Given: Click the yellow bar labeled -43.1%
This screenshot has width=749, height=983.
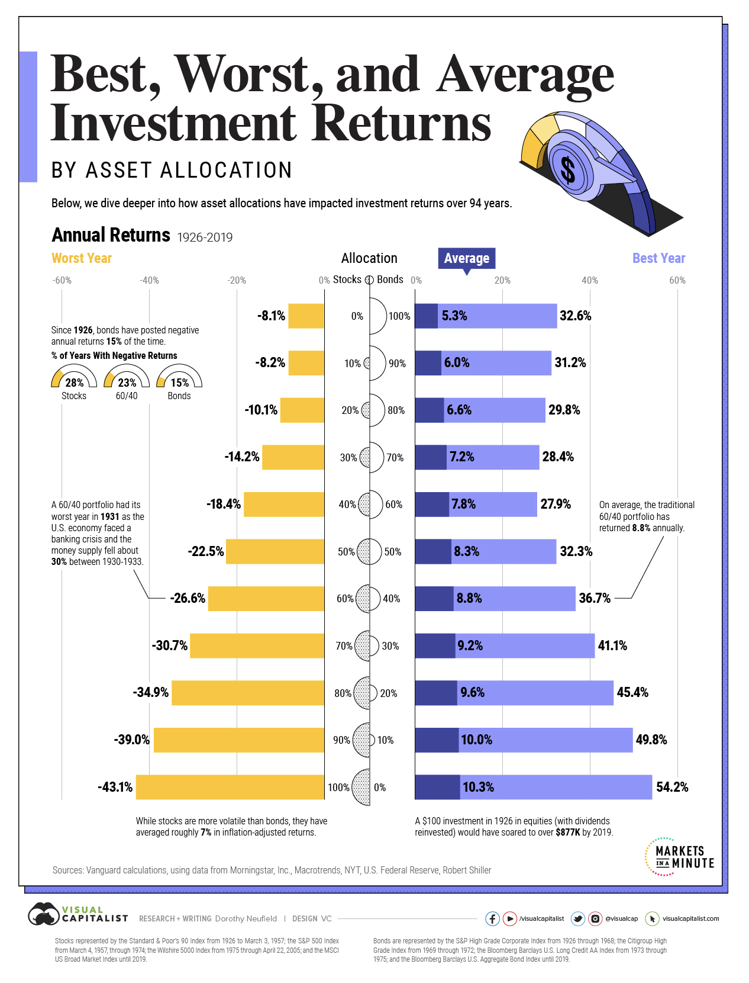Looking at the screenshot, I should point(230,787).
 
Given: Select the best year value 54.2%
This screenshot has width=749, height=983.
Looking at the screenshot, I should point(672,787).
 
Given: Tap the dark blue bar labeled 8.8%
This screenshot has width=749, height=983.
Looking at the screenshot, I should point(434,598).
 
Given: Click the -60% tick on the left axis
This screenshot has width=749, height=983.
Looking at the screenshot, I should point(62,280).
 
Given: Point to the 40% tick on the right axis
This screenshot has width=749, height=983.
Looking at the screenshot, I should point(590,280).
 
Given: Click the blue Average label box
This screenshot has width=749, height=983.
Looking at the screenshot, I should point(466,258).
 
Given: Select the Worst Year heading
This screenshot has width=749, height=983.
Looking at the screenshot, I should point(82,258).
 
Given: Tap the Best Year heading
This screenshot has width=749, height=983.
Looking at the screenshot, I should point(658,258).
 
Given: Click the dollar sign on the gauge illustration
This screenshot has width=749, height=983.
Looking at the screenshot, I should point(567,171).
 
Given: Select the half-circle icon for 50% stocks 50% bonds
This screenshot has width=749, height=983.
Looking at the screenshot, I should point(370,551).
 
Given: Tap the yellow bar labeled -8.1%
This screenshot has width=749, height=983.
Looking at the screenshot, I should point(306,316).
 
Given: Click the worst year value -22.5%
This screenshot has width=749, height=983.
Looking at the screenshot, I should point(206,551).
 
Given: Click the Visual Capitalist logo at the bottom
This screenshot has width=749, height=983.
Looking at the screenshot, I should point(78,914).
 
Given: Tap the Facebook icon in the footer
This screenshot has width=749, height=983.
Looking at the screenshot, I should point(492,918).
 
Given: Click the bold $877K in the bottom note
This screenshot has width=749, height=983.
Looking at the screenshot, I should point(567,832).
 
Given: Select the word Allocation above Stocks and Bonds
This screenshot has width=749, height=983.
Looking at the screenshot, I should point(369,258).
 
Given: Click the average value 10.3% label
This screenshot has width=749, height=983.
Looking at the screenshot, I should point(478,787).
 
